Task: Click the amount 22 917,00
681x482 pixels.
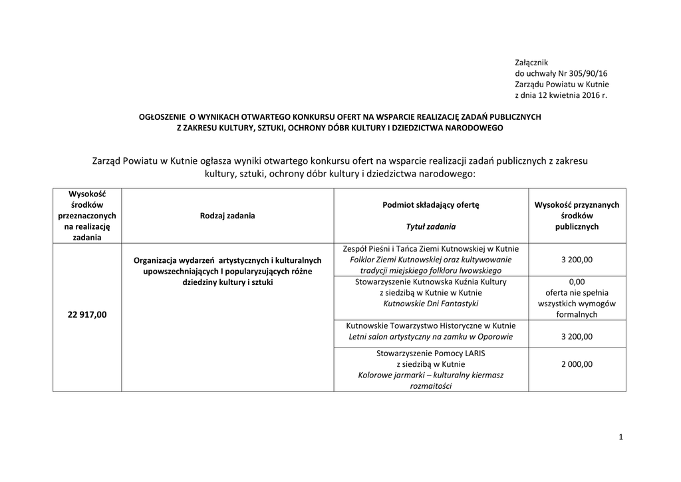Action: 86,315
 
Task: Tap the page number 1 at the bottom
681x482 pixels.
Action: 620,437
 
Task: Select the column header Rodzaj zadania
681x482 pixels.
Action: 227,216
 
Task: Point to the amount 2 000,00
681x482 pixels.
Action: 577,364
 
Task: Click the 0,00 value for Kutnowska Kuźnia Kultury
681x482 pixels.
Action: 577,282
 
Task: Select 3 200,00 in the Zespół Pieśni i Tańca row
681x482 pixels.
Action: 577,260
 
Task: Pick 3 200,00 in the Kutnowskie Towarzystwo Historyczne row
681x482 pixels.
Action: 577,337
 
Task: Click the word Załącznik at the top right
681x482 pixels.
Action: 531,62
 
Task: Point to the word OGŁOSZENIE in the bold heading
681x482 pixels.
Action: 163,117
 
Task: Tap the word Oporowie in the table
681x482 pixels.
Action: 495,337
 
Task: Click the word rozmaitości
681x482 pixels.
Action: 430,386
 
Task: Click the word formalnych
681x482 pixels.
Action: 577,314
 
